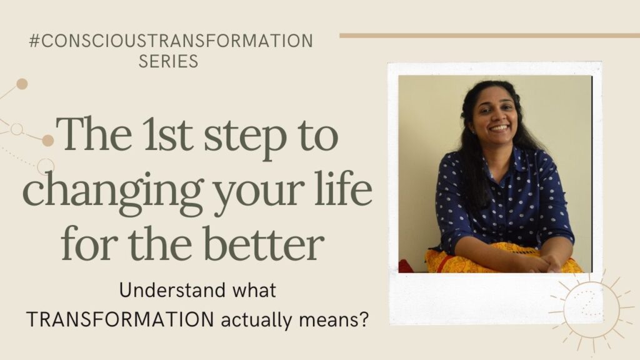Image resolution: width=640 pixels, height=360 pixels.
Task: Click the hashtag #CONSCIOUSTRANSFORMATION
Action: point(171,41)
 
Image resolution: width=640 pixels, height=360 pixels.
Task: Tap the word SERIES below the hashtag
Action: point(169,61)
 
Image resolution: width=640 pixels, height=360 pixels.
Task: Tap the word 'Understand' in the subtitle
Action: point(172,290)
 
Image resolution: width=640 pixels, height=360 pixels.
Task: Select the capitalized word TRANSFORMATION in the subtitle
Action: point(120,319)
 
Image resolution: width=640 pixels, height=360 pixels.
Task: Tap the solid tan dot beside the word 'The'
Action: point(47,141)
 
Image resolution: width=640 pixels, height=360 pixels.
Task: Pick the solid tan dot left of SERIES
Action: point(22,84)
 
